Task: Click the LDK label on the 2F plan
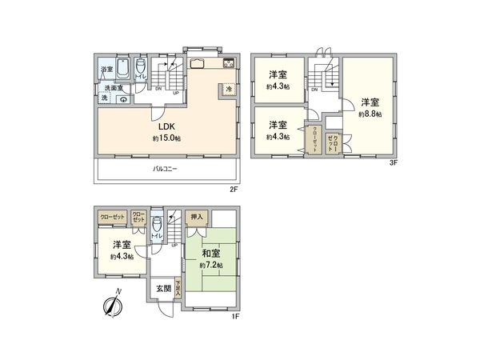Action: [166, 126]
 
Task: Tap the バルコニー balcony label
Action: [166, 169]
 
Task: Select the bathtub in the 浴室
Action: [122, 68]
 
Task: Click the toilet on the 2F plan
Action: [140, 67]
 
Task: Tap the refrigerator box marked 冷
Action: [229, 89]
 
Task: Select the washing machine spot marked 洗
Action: [105, 98]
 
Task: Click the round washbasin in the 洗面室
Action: [123, 99]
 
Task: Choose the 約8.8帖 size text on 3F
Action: [369, 114]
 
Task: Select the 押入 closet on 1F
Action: [196, 216]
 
